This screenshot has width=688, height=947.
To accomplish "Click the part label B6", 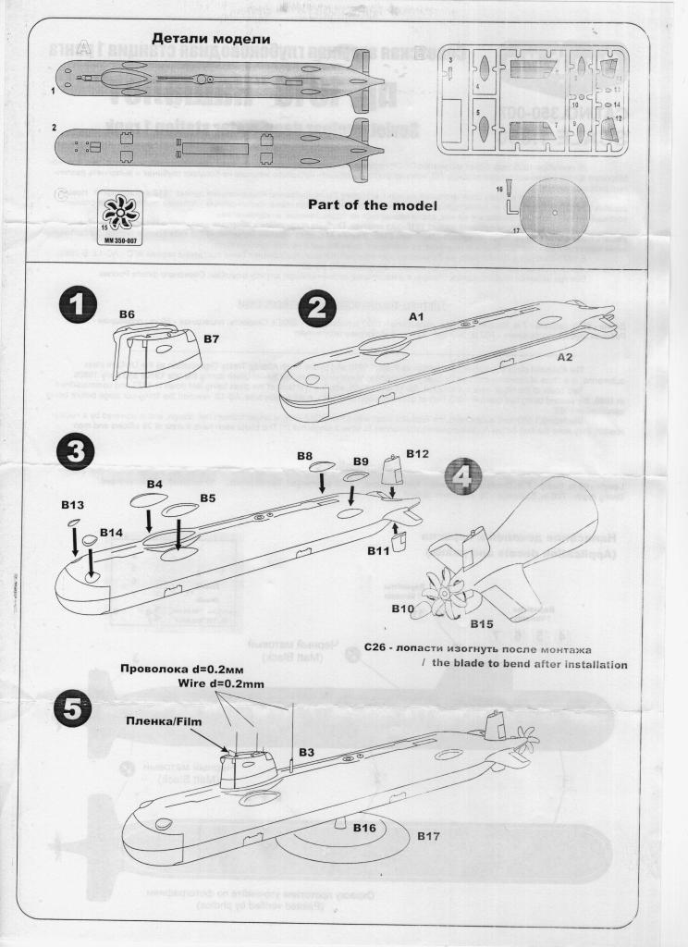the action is tap(128, 315).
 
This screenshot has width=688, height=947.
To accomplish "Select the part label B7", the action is tap(211, 339).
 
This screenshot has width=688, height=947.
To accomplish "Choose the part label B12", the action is tap(418, 454).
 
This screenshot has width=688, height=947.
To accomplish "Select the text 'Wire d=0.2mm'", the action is tap(223, 684).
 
